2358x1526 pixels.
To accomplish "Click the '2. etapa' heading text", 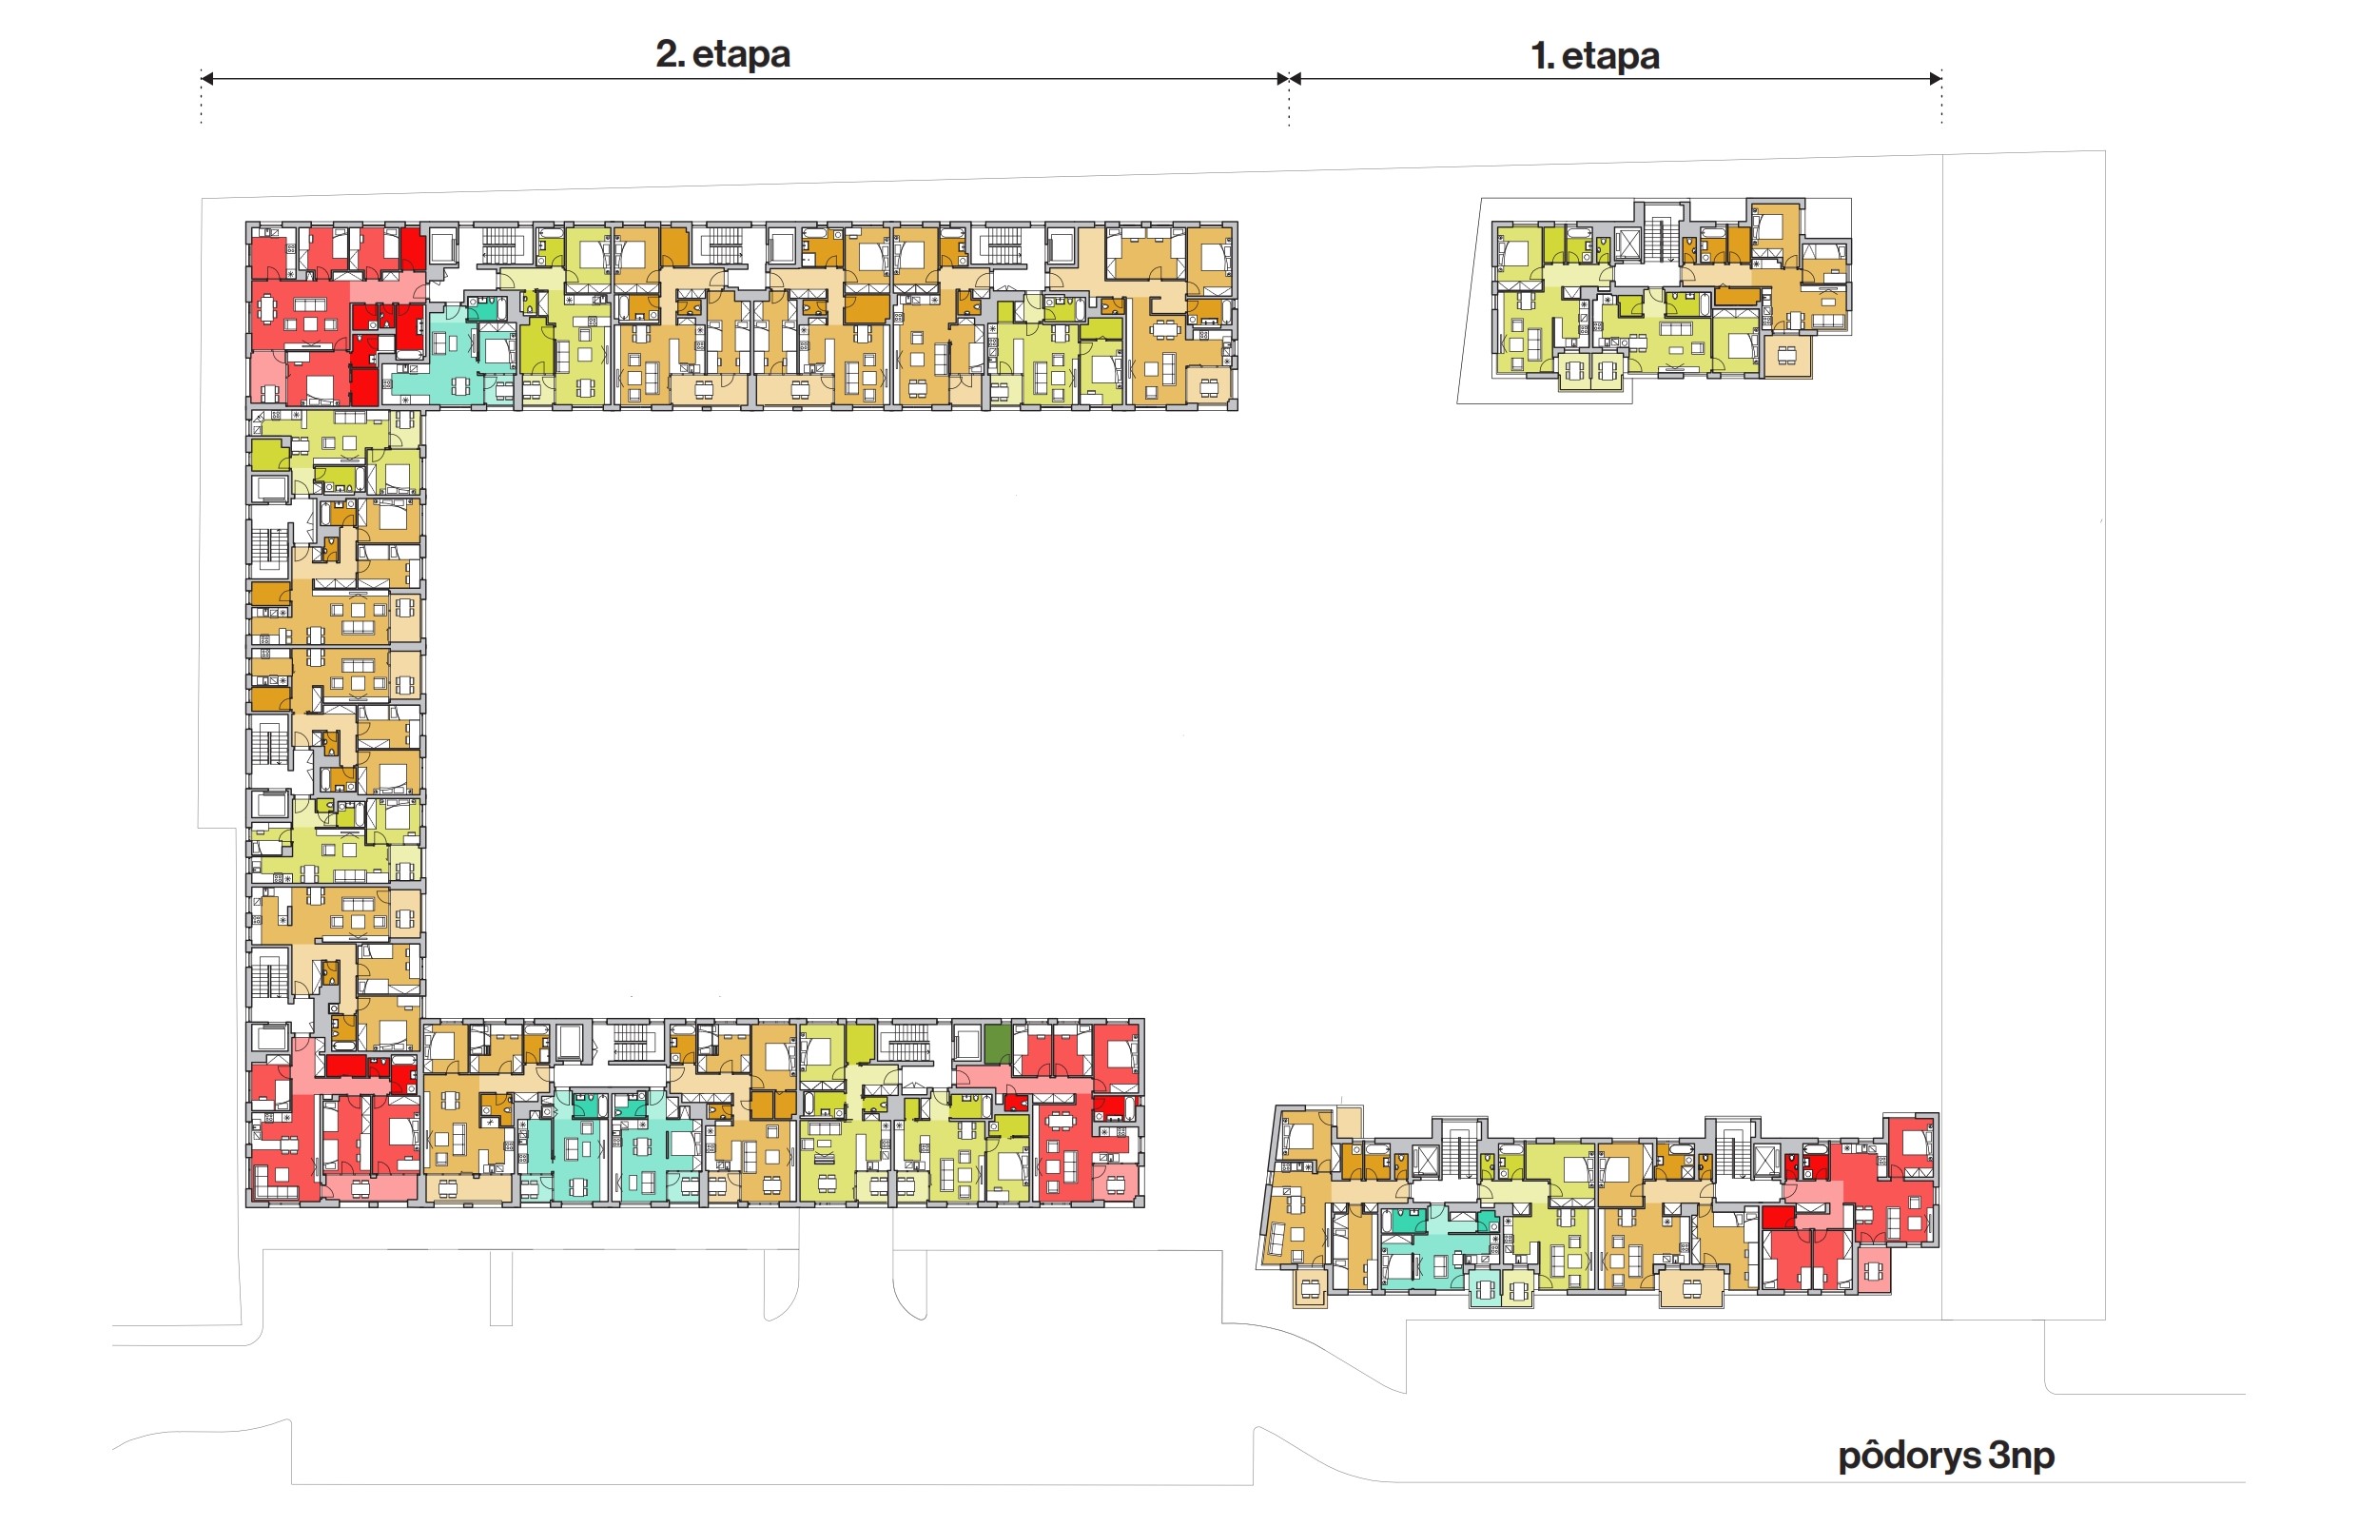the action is pyautogui.click(x=722, y=53).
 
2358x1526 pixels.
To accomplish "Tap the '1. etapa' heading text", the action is pyautogui.click(x=1594, y=55).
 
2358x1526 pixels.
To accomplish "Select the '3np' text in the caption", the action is pyautogui.click(x=2021, y=1456).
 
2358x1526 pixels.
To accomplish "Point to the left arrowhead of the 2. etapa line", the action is pyautogui.click(x=207, y=77).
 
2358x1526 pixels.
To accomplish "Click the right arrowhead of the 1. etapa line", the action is pyautogui.click(x=1935, y=77).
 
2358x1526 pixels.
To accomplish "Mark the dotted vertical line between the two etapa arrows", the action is pyautogui.click(x=1288, y=99).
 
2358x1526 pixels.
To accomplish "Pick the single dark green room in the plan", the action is pyautogui.click(x=997, y=1044).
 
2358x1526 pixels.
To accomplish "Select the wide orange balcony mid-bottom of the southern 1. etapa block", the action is pyautogui.click(x=1691, y=1287).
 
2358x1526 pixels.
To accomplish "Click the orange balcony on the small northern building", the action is pyautogui.click(x=1786, y=356).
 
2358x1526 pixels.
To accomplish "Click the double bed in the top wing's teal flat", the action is pyautogui.click(x=496, y=350).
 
